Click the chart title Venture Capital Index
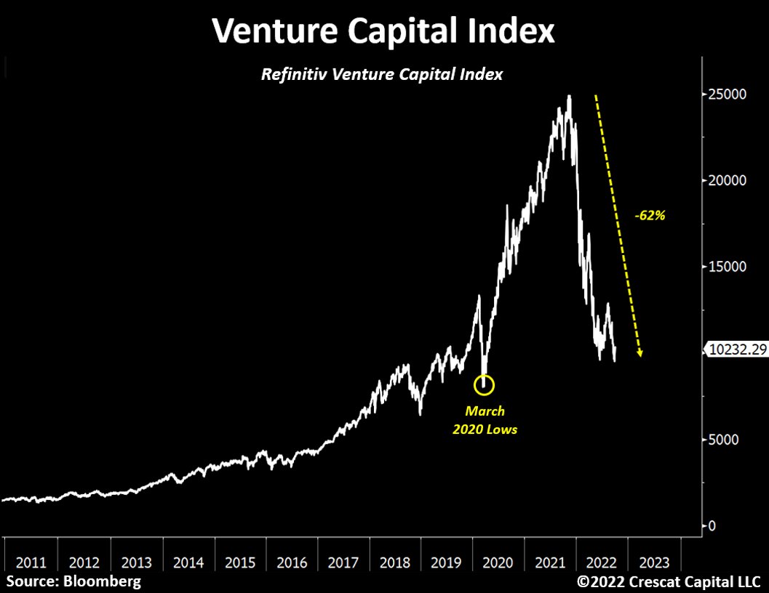tap(383, 31)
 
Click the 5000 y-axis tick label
tap(725, 440)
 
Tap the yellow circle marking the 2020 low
tap(485, 384)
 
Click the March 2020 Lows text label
tap(485, 420)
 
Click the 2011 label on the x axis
tap(31, 562)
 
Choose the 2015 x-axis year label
tap(240, 562)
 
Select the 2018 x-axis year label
tap(395, 562)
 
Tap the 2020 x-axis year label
tap(498, 562)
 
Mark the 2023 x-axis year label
tap(654, 562)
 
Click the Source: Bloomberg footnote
tap(74, 581)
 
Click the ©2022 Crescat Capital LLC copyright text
tap(669, 581)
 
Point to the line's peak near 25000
tap(569, 96)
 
